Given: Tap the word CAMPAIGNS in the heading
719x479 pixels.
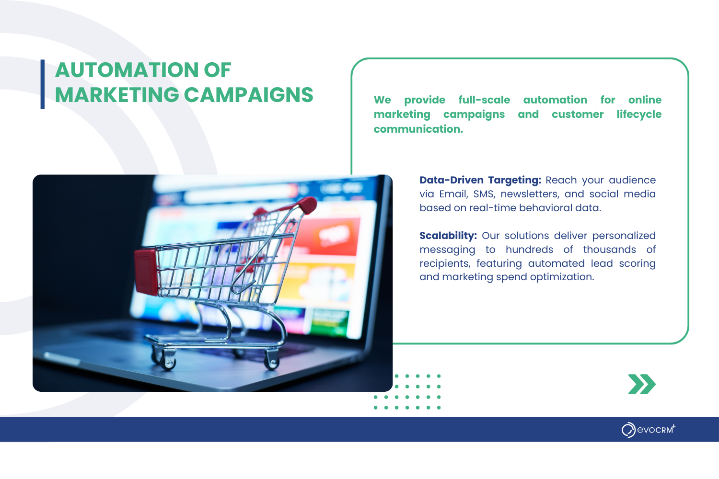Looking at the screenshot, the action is coord(248,95).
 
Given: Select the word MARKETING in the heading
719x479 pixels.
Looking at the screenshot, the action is coord(117,95).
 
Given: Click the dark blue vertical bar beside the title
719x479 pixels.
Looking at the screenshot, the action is coord(42,84).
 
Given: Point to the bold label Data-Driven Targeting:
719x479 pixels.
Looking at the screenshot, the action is coord(480,180).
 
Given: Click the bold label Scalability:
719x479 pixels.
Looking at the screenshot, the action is coord(448,236).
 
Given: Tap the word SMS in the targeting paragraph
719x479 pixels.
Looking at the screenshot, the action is coord(484,194).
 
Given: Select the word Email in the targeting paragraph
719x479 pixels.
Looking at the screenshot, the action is coord(453,194).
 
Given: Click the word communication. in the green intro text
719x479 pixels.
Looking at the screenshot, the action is coord(418,129).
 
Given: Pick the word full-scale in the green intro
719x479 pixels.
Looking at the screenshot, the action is coord(484,100).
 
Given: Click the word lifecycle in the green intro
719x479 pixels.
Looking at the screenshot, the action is coord(639,114).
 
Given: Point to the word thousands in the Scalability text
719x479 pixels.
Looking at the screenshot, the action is coord(610,249).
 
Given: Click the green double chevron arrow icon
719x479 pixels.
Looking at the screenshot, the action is coord(642,384).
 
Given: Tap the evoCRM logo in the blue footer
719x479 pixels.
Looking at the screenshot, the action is coord(649,430).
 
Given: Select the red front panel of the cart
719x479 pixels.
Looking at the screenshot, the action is coord(146,272).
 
